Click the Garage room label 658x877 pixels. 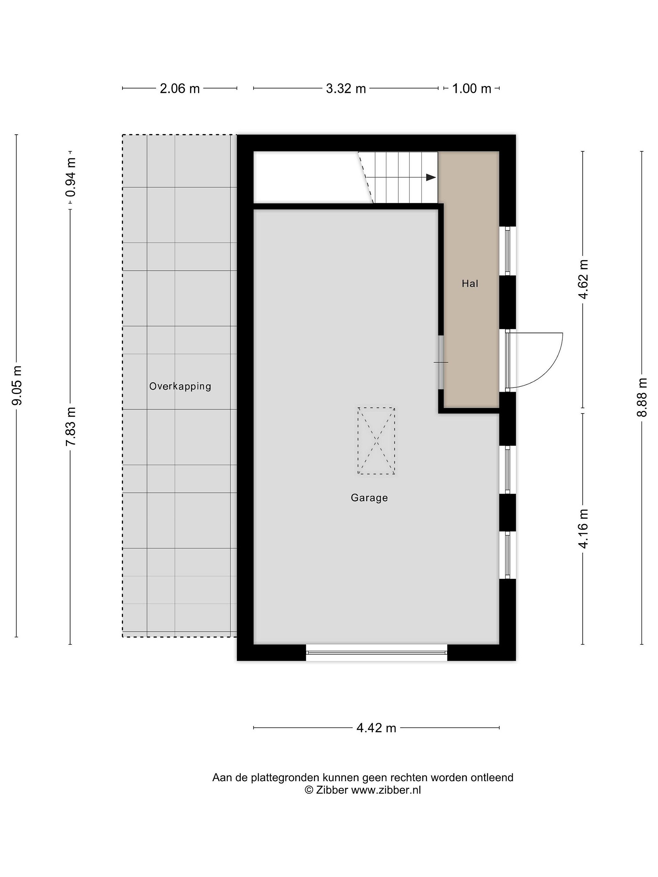pos(369,498)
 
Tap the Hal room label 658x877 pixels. pos(470,284)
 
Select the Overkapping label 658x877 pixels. pos(180,386)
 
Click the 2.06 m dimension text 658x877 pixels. pos(180,88)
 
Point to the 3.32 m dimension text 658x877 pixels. pos(346,88)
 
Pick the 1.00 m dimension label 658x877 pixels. pos(472,88)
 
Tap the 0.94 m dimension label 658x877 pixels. pos(71,177)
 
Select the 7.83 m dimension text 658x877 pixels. pos(71,427)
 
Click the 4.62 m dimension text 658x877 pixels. pos(583,279)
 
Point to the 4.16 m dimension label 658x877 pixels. pos(583,529)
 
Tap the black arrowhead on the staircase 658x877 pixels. pos(431,177)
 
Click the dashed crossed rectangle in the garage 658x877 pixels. pos(376,441)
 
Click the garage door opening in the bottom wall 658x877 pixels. pos(377,653)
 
